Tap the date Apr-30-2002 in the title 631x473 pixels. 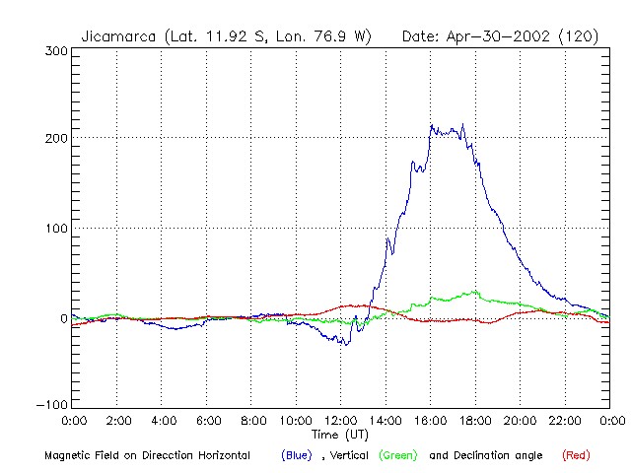[x=496, y=36]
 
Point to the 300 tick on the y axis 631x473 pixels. [x=55, y=51]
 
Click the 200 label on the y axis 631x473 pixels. [x=55, y=138]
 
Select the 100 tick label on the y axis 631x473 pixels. [x=55, y=229]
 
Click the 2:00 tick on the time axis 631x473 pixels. [x=117, y=422]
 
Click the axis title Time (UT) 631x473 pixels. [x=340, y=435]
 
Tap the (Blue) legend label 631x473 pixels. [x=298, y=455]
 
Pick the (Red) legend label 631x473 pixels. [x=577, y=455]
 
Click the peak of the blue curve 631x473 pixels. [x=431, y=125]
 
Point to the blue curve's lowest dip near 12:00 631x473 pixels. [x=346, y=344]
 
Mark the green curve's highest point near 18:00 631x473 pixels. [x=475, y=292]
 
